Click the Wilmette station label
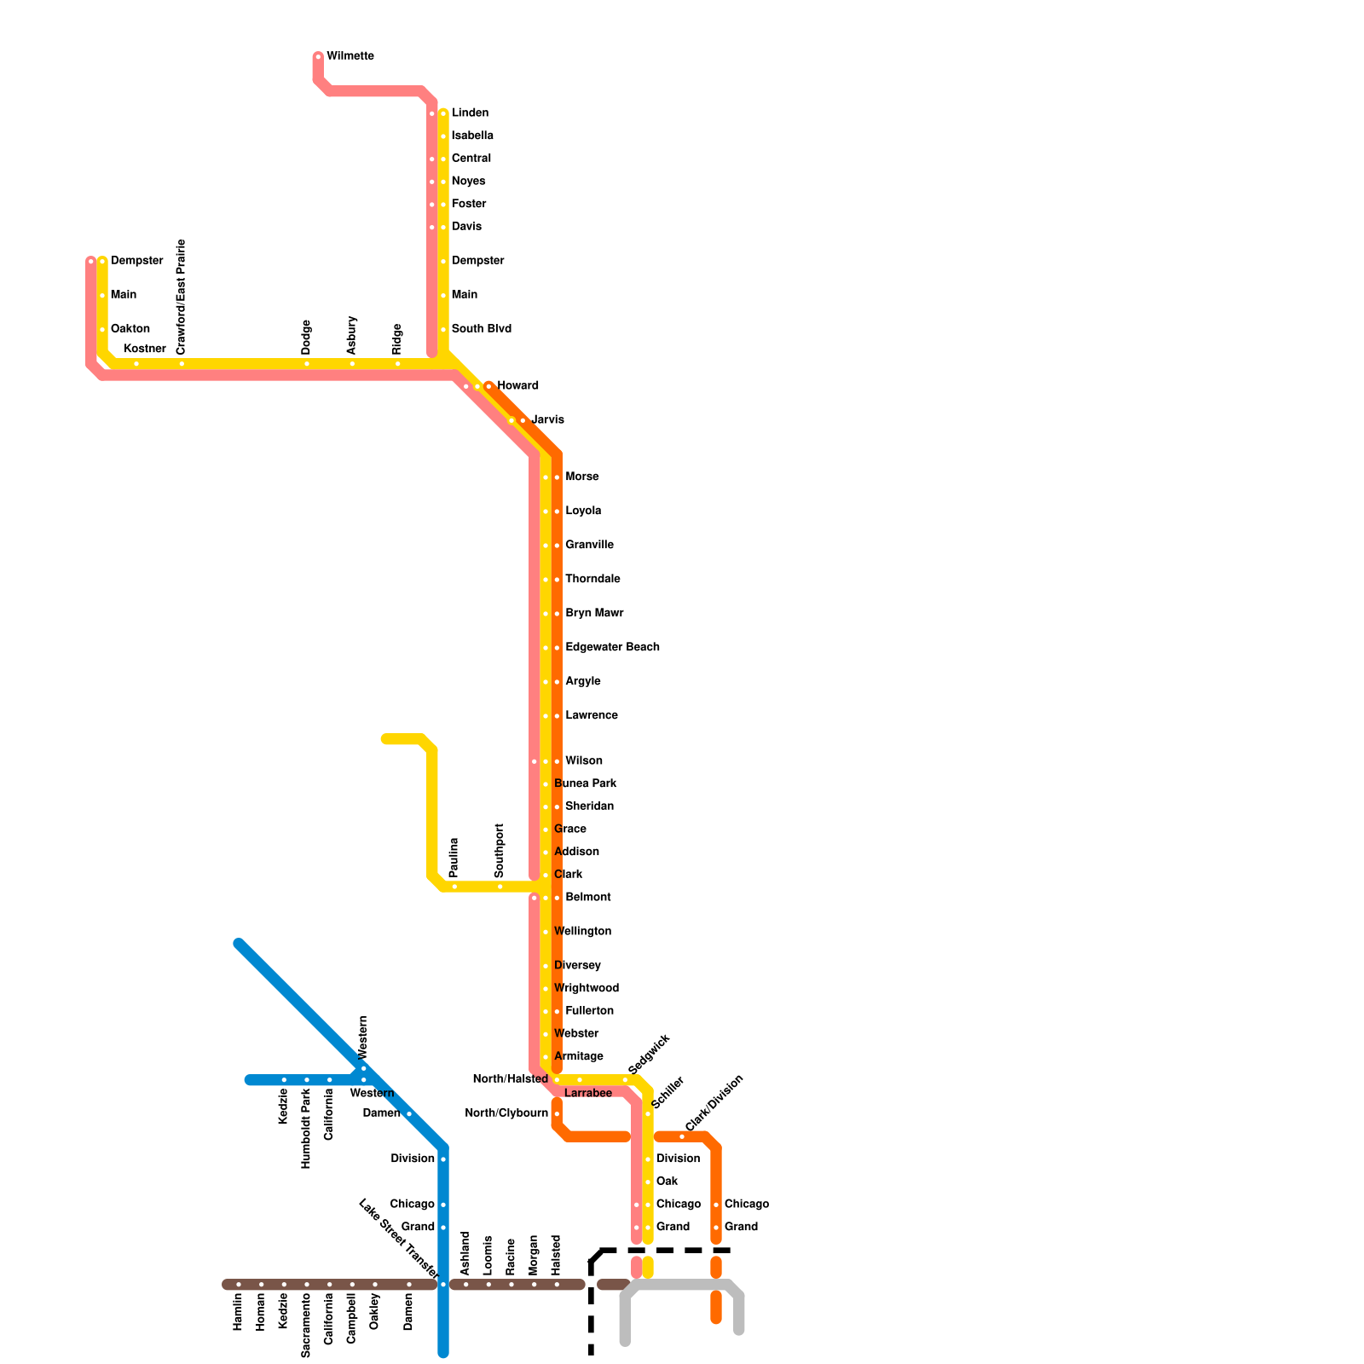350,56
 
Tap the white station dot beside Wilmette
318,57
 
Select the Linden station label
470,113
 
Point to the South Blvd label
481,329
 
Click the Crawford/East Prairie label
182,297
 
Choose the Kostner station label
145,349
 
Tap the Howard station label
517,386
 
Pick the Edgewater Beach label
612,647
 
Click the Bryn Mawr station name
594,613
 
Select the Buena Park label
586,783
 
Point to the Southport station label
500,850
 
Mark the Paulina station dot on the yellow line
454,887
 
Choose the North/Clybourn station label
506,1113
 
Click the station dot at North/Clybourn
557,1114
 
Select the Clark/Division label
714,1103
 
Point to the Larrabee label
588,1093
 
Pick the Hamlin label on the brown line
239,1312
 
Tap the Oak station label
667,1182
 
